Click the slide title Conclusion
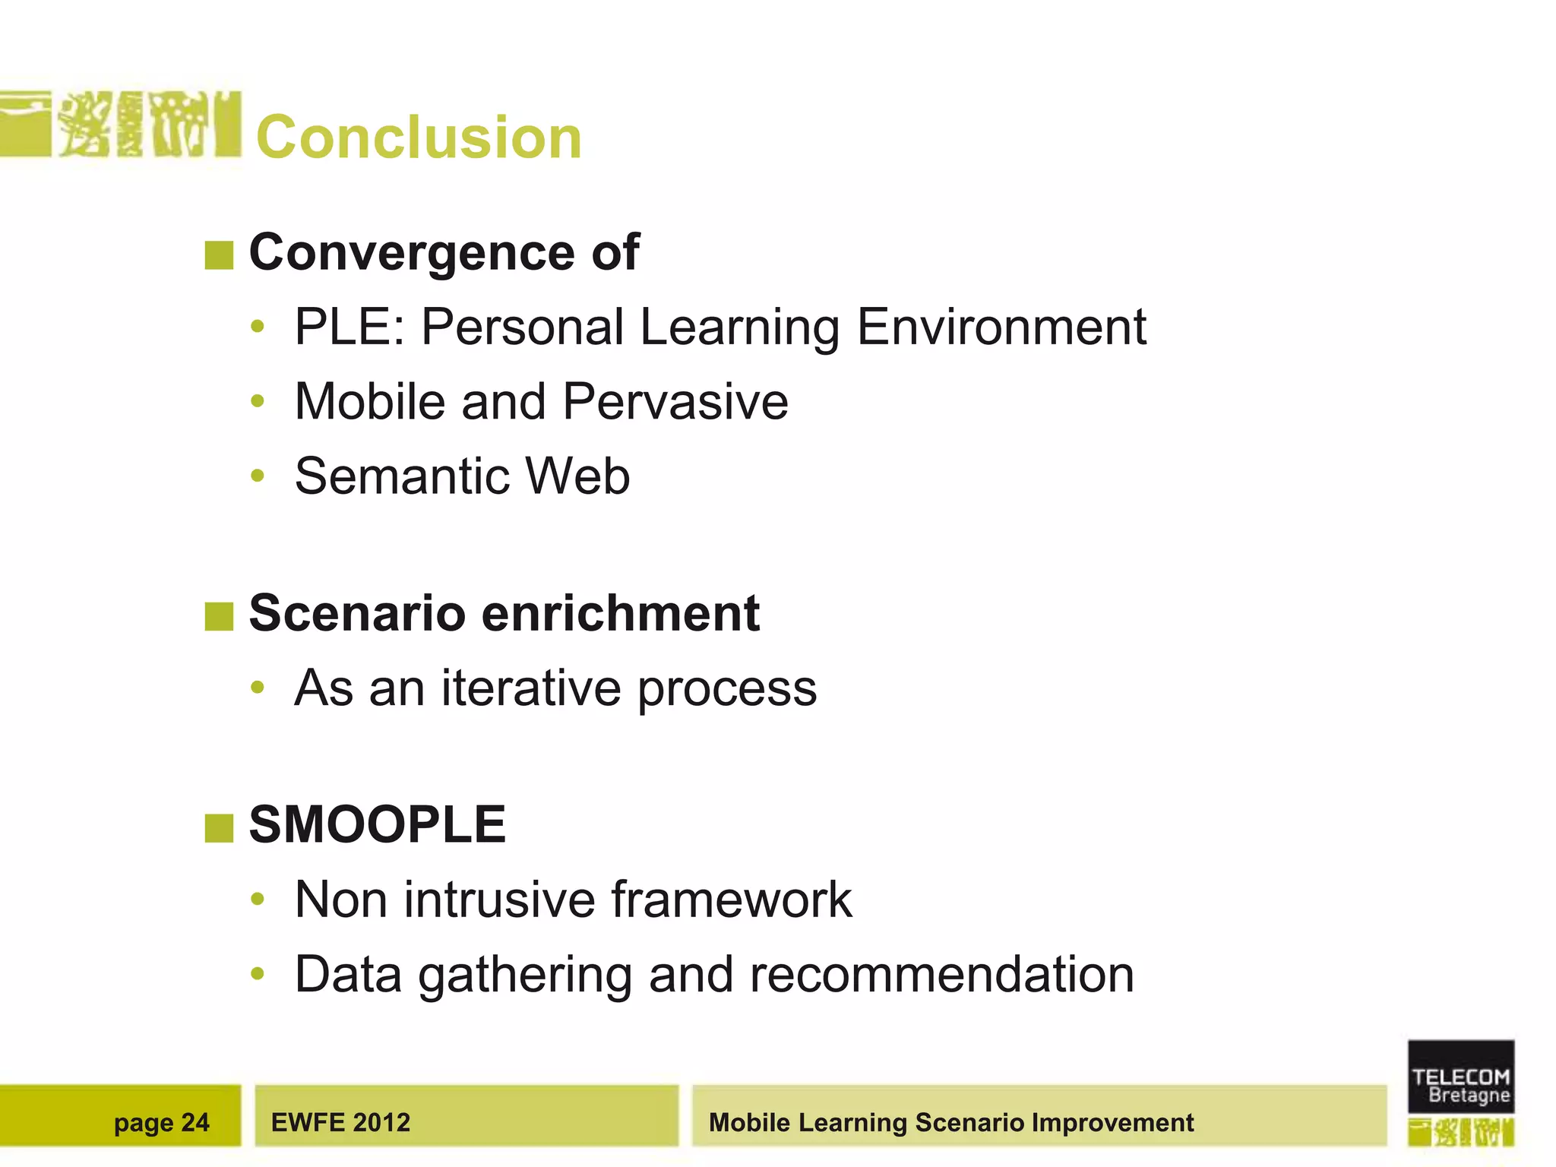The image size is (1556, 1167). coord(419,138)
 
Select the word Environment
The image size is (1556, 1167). coord(1001,327)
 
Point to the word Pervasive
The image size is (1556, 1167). coord(675,402)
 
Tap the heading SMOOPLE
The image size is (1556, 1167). coord(377,825)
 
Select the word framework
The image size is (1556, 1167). coord(731,900)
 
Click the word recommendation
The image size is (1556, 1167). coord(941,975)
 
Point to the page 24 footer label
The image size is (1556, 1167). coord(161,1122)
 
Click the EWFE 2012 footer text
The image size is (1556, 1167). coord(340,1122)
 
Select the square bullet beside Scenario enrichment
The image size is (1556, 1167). coord(219,616)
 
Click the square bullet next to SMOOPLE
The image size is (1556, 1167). coord(219,828)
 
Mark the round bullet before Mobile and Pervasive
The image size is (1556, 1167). coord(258,401)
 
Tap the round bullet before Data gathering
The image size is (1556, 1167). coord(258,974)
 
